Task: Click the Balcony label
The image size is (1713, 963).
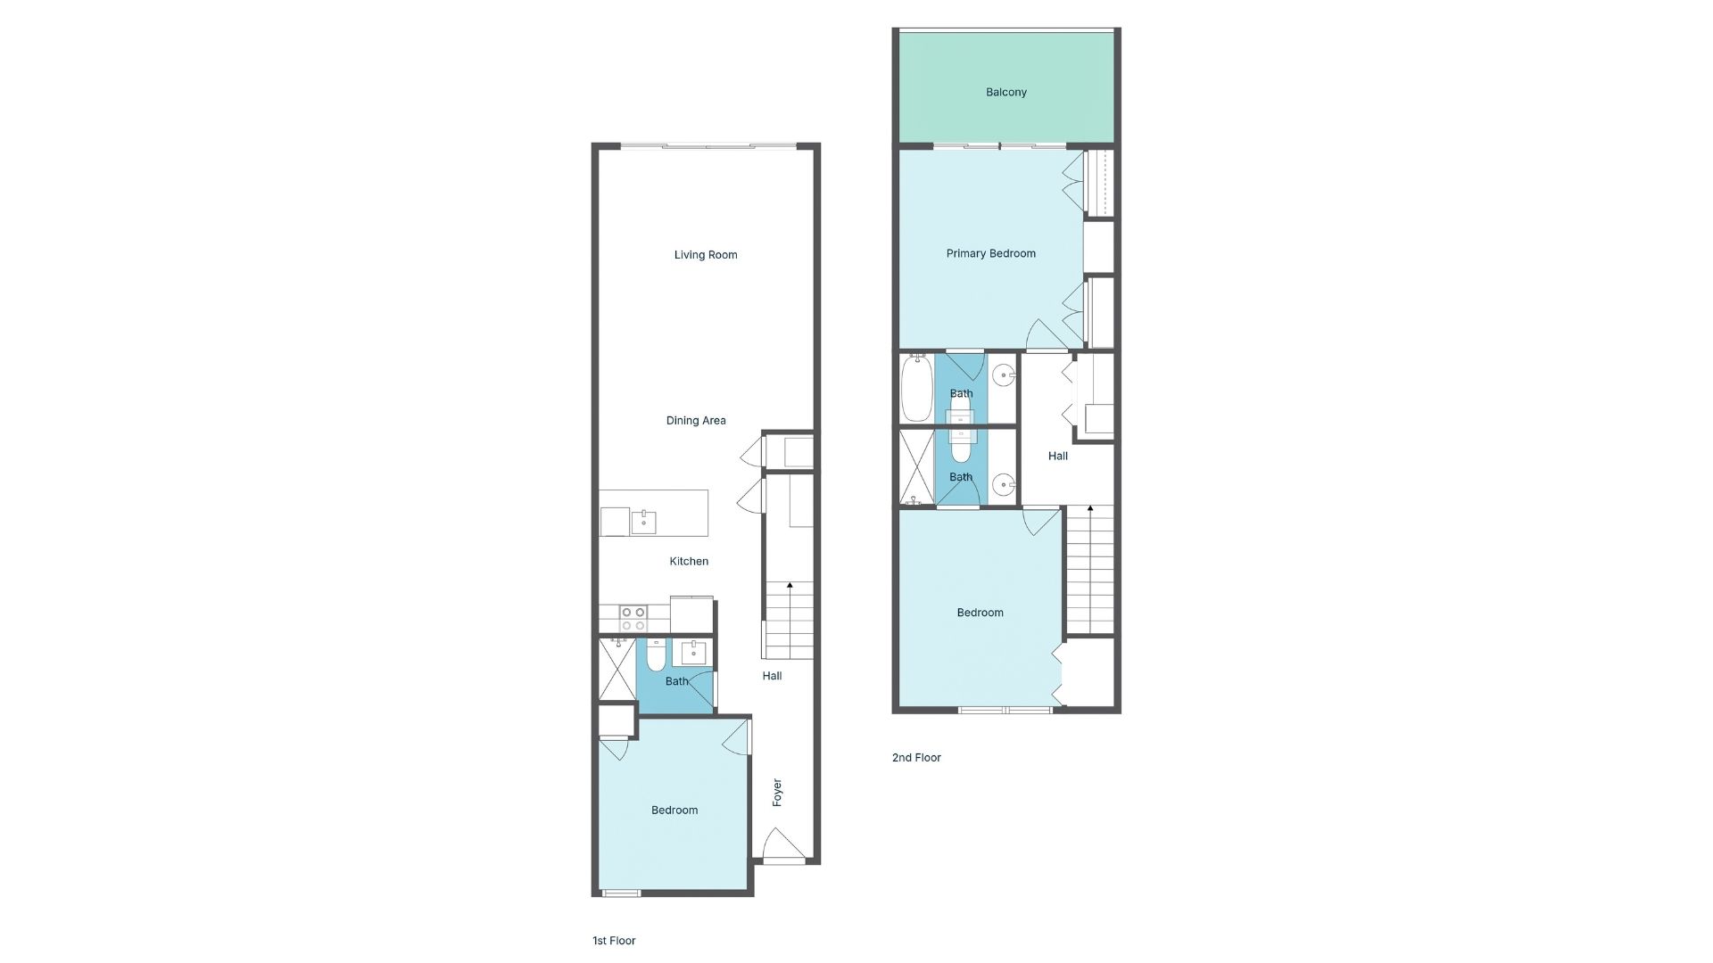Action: (1006, 93)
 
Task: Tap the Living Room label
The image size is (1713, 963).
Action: (706, 255)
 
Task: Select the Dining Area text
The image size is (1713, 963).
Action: (696, 421)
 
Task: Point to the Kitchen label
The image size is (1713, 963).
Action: (689, 562)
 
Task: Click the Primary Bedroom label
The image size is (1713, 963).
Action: (991, 254)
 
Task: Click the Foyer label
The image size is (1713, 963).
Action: (777, 793)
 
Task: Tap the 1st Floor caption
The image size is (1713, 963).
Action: (614, 941)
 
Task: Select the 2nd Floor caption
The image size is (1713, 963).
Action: (916, 758)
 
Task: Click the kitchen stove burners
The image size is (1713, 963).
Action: (633, 619)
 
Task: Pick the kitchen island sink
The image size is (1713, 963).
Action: (643, 522)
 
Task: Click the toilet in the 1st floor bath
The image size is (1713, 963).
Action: (656, 656)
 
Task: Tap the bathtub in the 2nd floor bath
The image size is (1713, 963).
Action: (916, 388)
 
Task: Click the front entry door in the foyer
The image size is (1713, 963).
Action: (783, 845)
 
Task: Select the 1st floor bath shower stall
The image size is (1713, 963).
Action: (617, 668)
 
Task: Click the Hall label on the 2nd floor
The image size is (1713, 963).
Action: (1058, 457)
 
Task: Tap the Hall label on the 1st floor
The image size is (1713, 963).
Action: (772, 677)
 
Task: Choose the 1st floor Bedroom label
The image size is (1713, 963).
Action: (674, 811)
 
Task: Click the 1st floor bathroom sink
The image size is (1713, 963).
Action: (693, 653)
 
